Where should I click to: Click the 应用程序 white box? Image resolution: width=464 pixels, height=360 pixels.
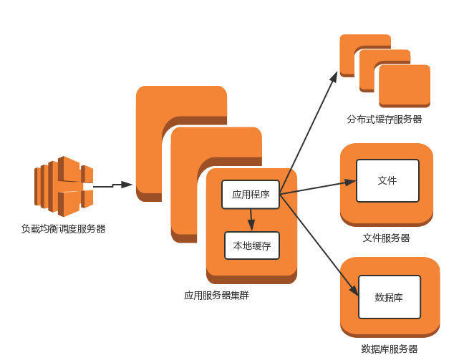point(251,193)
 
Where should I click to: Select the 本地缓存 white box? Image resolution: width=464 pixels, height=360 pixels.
point(251,245)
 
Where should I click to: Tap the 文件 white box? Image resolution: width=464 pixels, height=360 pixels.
point(387,180)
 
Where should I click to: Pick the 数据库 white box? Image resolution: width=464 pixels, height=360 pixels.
point(388,296)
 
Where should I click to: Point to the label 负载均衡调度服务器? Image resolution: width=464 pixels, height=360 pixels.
point(63,229)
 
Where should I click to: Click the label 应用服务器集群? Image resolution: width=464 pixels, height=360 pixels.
point(216,295)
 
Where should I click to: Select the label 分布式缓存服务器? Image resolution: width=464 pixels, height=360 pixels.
point(385,119)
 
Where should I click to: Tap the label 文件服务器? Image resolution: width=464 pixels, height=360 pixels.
point(386,238)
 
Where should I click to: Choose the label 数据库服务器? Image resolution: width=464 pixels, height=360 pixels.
point(389,349)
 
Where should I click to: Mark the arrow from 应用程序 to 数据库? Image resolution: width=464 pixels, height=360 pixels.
point(319,244)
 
